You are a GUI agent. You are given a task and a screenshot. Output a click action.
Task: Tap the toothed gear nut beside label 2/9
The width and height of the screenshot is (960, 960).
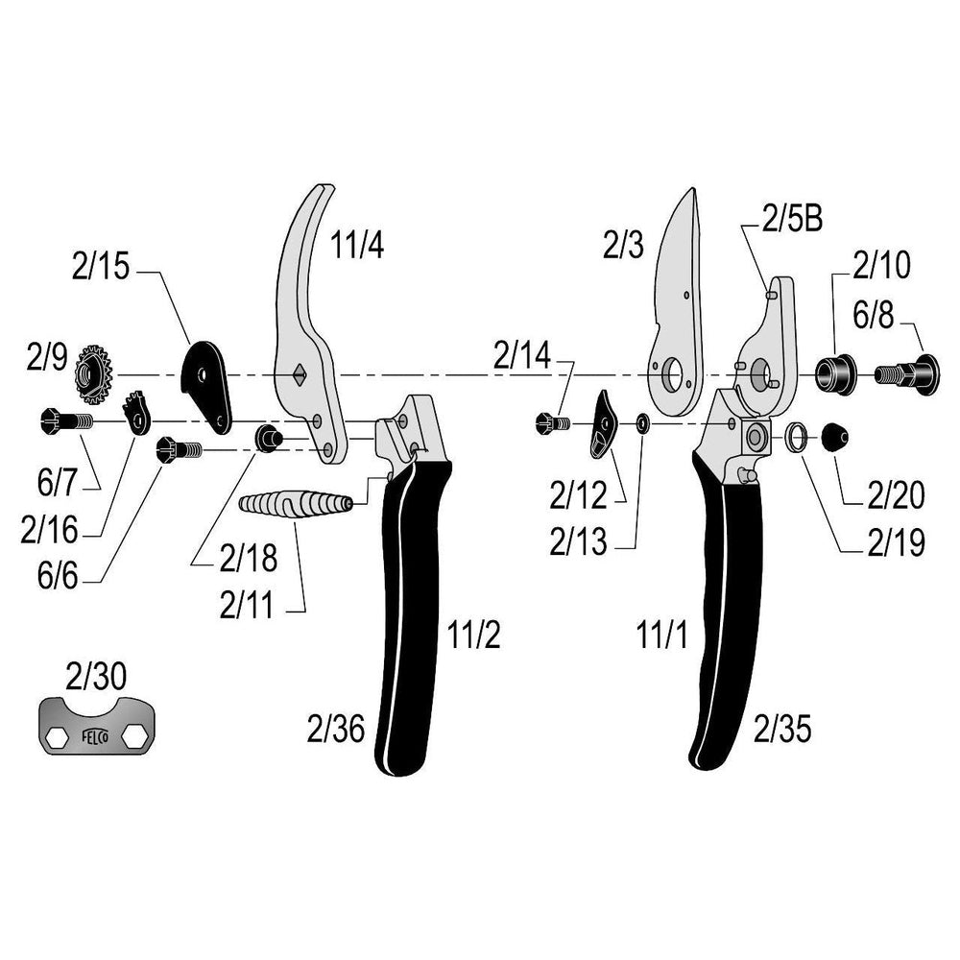(93, 372)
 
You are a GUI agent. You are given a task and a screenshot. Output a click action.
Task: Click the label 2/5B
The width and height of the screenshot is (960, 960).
(792, 220)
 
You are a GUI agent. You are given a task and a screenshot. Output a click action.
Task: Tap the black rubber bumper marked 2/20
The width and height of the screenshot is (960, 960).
(832, 439)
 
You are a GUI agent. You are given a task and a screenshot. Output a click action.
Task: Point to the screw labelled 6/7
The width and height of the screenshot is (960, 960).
(64, 420)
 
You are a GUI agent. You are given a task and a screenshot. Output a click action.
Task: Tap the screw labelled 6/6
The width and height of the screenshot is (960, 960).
(179, 447)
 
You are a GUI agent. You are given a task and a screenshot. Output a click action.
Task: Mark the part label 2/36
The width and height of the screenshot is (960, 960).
(337, 731)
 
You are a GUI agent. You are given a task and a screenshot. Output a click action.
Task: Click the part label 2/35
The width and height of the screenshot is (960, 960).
(782, 731)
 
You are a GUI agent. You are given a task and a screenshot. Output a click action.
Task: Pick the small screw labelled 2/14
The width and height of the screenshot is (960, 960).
(552, 421)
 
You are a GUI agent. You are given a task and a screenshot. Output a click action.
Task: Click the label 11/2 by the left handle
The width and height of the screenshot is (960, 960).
(472, 636)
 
